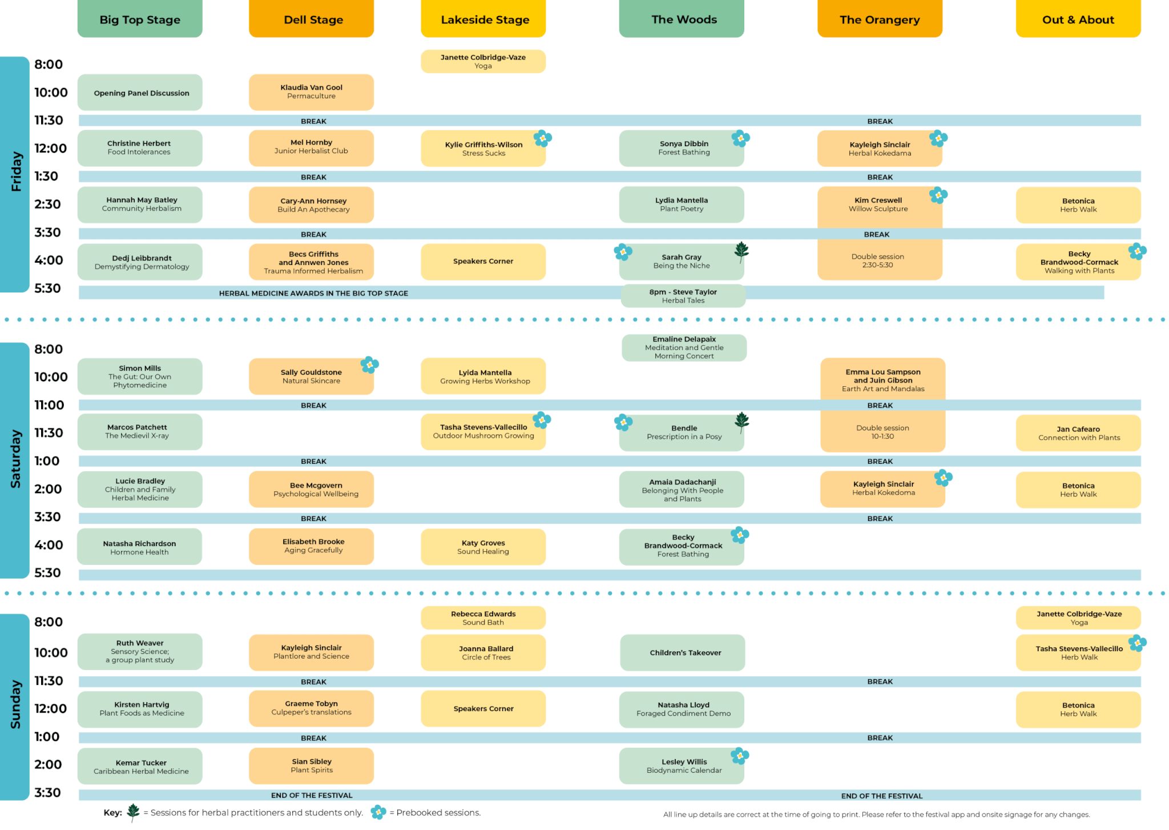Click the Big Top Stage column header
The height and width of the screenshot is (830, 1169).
pyautogui.click(x=140, y=19)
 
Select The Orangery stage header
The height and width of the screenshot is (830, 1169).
pyautogui.click(x=880, y=19)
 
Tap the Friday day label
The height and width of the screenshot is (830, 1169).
pyautogui.click(x=15, y=171)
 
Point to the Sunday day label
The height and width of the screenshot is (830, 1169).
pyautogui.click(x=15, y=704)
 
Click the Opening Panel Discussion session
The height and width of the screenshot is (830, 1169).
pyautogui.click(x=140, y=93)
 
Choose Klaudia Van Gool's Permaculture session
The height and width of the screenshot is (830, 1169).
pyautogui.click(x=311, y=92)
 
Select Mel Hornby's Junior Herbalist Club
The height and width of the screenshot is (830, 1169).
pyautogui.click(x=311, y=148)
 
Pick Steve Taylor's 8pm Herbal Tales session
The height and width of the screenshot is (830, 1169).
pyautogui.click(x=683, y=296)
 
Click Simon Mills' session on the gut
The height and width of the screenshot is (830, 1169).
pyautogui.click(x=140, y=376)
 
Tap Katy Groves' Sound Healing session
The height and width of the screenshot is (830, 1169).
pyautogui.click(x=483, y=547)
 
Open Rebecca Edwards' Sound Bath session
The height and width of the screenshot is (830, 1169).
pyautogui.click(x=483, y=618)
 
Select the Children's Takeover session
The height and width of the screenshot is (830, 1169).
pyautogui.click(x=683, y=652)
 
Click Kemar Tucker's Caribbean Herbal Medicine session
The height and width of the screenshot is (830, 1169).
pyautogui.click(x=140, y=767)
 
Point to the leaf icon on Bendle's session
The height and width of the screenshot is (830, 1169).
pyautogui.click(x=741, y=422)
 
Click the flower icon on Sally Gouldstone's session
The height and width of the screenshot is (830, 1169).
pyautogui.click(x=370, y=364)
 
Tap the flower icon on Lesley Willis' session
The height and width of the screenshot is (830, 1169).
pyautogui.click(x=740, y=756)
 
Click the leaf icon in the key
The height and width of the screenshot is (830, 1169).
pyautogui.click(x=133, y=812)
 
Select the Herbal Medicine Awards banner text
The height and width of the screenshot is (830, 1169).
pyautogui.click(x=313, y=293)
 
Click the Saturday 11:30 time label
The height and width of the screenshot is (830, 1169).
pyautogui.click(x=49, y=433)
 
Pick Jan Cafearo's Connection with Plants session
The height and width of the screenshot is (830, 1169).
pyautogui.click(x=1078, y=433)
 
